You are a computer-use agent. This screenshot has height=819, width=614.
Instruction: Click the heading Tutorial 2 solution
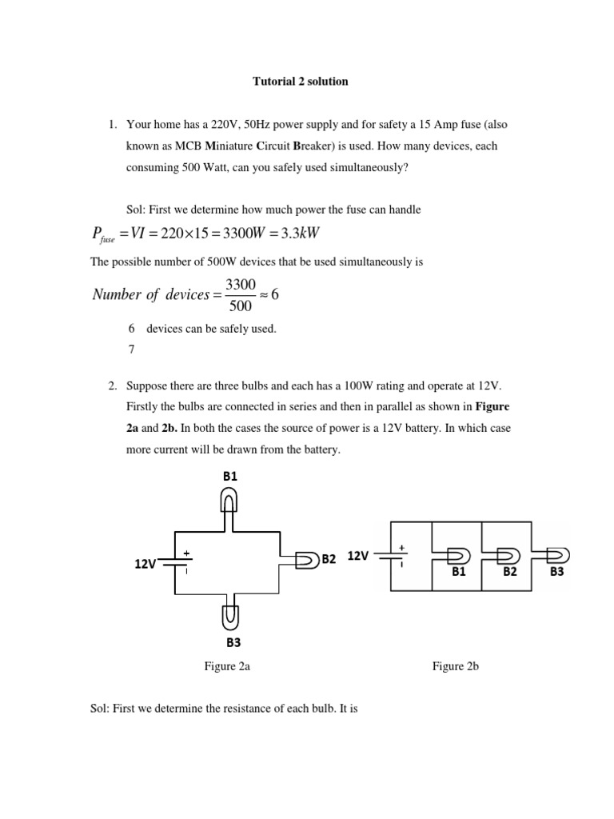(x=300, y=82)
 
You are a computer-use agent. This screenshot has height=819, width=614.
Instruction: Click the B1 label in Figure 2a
(x=230, y=476)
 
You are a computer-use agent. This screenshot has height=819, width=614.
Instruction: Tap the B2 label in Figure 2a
(x=329, y=559)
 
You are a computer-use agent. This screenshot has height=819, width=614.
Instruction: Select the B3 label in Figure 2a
(x=233, y=641)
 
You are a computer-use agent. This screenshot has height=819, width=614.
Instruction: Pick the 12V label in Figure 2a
(x=146, y=564)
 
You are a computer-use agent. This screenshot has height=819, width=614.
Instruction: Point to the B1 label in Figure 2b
(x=458, y=573)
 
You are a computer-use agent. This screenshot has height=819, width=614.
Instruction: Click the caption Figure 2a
(x=228, y=666)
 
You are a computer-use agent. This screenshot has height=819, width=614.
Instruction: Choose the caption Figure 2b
(x=455, y=666)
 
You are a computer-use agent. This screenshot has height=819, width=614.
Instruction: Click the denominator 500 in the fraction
(x=240, y=306)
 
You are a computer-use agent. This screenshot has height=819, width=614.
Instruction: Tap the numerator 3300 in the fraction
(x=240, y=284)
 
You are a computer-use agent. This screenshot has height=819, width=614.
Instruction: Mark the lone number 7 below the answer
(x=131, y=350)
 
